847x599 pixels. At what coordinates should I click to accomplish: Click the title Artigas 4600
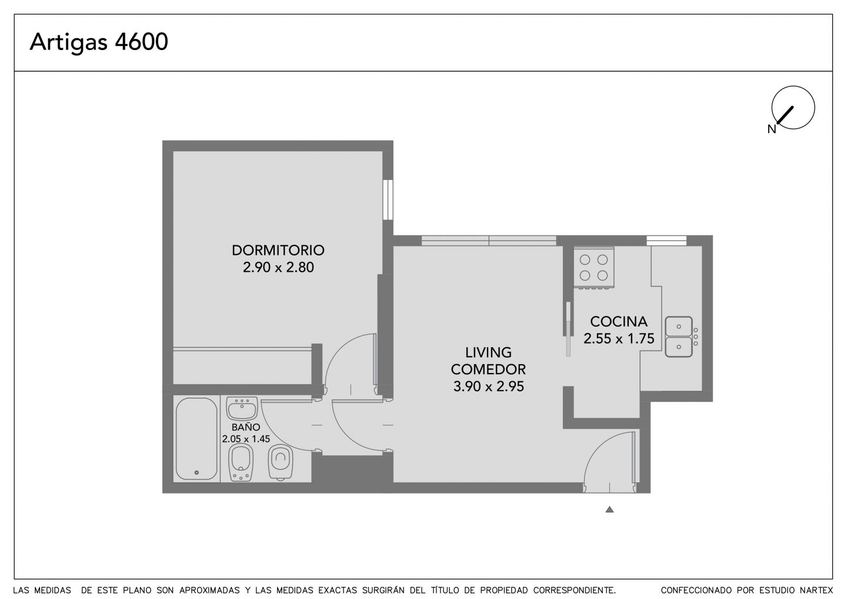99,42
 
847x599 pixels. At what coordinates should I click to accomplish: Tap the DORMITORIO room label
278,250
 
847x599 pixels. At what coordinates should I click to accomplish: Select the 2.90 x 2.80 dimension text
278,267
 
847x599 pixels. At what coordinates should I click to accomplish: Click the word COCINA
619,321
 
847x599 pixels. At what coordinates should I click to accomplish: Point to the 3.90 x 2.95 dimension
488,386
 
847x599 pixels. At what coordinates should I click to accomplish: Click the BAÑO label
246,427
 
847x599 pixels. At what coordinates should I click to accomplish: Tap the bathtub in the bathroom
196,439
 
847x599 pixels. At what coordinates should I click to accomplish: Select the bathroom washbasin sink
242,408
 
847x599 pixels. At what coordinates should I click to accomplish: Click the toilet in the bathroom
280,462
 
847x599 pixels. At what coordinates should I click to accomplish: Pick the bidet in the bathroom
241,462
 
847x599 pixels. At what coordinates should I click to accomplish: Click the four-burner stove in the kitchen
593,267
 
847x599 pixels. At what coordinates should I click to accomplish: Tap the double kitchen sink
679,337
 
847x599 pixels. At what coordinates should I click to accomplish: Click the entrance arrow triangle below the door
609,510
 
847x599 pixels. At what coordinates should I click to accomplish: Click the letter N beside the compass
772,129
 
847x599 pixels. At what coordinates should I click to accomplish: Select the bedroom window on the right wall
388,199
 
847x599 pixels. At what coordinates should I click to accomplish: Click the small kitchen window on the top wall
666,241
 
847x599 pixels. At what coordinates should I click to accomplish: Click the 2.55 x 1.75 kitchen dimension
619,338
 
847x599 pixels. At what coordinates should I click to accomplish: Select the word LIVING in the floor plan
488,352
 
